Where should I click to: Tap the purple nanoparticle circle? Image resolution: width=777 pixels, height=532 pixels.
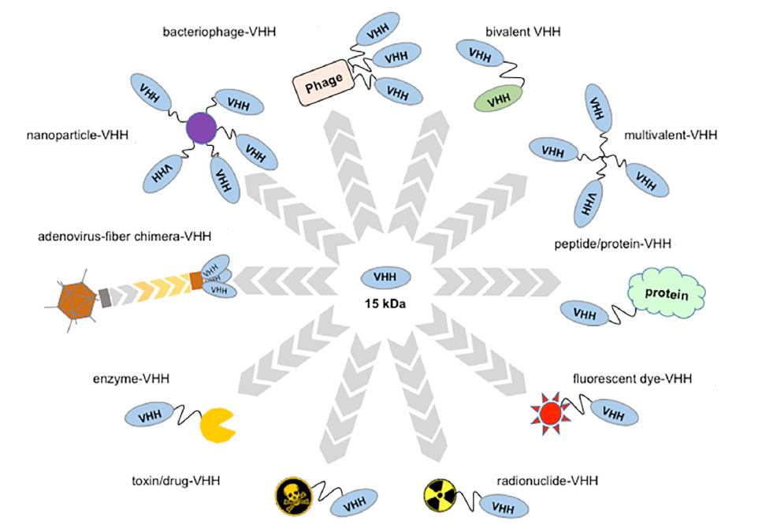(201, 128)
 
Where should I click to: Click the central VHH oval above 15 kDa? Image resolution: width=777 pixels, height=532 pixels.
(385, 277)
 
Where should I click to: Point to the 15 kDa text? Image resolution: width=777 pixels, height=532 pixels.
(385, 303)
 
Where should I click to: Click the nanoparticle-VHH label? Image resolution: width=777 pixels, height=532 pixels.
(66, 135)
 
